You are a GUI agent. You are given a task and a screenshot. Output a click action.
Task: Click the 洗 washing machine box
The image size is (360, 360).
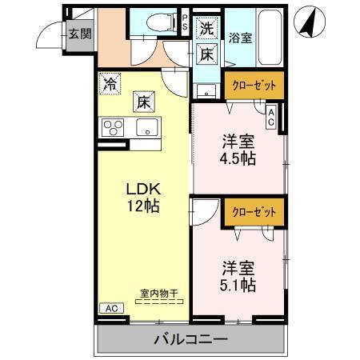(x=206, y=28)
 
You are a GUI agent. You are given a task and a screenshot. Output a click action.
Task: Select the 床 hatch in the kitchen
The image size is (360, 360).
(x=142, y=102)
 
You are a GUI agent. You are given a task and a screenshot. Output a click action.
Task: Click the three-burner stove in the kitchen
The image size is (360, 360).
(x=113, y=126)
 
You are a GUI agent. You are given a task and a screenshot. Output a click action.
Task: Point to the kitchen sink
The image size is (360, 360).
(x=147, y=126)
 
